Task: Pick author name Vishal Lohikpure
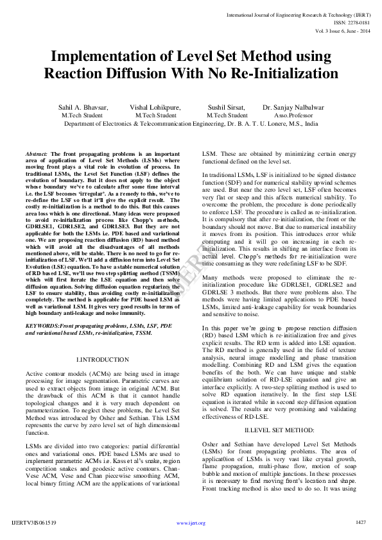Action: coord(155,108)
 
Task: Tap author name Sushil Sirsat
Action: coord(227,108)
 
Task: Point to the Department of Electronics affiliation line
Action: coord(191,123)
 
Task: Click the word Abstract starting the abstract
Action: coord(36,155)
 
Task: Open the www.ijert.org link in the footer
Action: coord(191,523)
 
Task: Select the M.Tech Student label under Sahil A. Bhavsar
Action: coord(82,115)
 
